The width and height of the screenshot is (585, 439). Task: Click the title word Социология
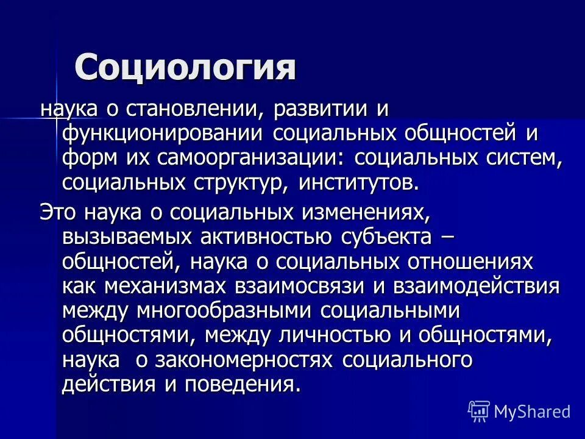click(185, 66)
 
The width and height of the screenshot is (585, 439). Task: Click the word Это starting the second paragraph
click(58, 213)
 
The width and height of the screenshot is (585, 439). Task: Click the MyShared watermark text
click(531, 412)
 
